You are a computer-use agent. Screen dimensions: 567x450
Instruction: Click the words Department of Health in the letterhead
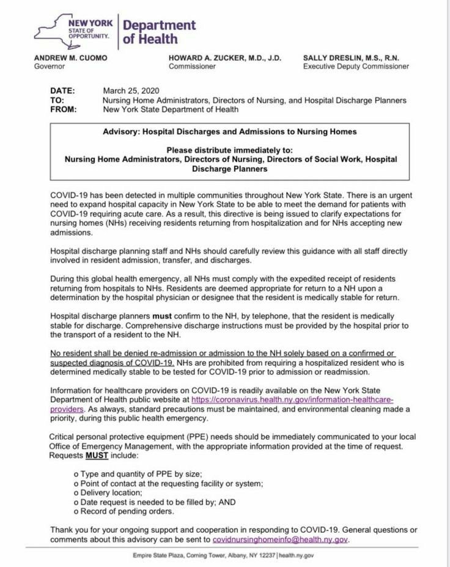159,32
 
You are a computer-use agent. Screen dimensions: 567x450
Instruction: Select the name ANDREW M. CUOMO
71,57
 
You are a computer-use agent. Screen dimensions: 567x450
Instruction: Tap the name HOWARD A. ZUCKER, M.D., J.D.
225,57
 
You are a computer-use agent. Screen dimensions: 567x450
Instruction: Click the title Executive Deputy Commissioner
356,67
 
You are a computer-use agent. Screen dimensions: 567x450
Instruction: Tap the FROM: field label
63,109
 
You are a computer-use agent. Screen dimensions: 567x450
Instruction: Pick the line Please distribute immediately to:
230,150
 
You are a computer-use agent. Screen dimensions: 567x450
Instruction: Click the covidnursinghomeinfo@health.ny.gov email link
280,540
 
